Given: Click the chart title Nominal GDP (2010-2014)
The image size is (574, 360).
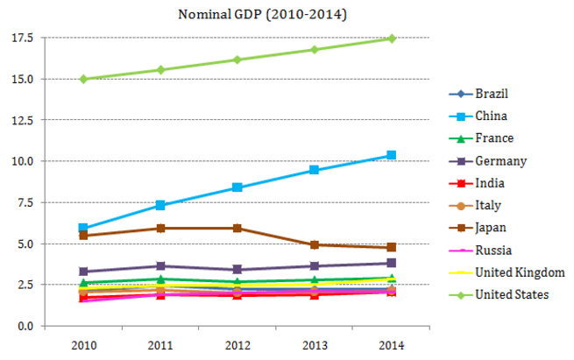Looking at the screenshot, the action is point(262,15).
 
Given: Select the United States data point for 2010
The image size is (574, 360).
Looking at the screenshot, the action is point(83,79).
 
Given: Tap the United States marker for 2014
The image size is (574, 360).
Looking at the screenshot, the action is point(392,39).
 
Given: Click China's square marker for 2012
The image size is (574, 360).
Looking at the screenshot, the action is point(237,187).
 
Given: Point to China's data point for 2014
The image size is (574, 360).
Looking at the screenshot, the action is point(392,155).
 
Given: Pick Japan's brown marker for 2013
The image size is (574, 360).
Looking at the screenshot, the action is point(314,244).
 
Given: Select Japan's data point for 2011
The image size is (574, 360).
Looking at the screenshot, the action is point(160,229).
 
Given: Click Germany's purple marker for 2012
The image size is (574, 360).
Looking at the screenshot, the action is point(237,269).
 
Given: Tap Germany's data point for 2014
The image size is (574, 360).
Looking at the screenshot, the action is point(392,263).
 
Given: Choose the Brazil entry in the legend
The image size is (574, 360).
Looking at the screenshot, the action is point(478,94).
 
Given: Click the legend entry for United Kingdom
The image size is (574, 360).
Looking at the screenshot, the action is point(507,272).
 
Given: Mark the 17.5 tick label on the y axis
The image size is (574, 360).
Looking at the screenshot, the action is point(22,38).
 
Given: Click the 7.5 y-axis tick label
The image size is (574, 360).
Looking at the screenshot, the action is point(25,202).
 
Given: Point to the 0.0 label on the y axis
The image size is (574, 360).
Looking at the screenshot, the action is point(25,326).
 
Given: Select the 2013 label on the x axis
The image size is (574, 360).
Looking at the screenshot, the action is point(315,345).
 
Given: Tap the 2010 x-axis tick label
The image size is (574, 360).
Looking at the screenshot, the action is point(83,345).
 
